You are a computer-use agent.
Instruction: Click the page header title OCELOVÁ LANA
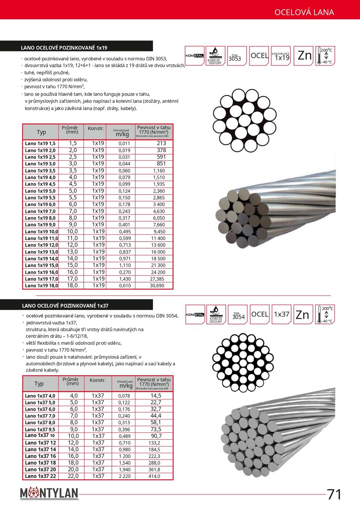click(x=304, y=12)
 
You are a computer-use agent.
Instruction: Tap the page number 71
click(x=334, y=494)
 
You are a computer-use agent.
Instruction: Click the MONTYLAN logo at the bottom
click(x=49, y=493)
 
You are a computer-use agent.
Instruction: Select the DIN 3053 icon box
click(x=237, y=56)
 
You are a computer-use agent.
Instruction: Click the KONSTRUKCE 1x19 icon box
click(x=281, y=56)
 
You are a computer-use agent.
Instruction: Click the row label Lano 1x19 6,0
click(x=40, y=204)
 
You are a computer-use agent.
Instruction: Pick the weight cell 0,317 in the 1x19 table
click(x=124, y=218)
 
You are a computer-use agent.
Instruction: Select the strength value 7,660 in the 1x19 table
click(x=159, y=225)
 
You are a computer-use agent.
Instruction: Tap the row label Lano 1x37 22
click(x=40, y=476)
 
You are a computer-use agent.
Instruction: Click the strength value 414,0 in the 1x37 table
click(x=154, y=476)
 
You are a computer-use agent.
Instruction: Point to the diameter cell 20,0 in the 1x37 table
click(x=73, y=469)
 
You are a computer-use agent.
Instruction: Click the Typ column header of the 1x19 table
click(x=41, y=132)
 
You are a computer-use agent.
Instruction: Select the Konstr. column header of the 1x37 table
click(x=98, y=380)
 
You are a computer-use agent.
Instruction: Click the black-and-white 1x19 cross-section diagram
click(x=241, y=119)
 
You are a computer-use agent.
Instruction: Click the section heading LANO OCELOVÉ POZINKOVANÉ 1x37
click(x=65, y=306)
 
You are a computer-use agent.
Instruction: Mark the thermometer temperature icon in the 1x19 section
click(x=325, y=56)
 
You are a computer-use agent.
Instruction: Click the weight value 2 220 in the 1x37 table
click(x=125, y=476)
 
